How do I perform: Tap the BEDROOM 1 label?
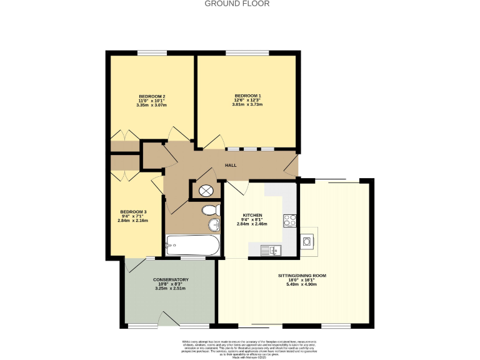(x=247, y=96)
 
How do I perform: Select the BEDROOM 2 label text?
(x=151, y=96)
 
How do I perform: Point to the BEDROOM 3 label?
(x=132, y=211)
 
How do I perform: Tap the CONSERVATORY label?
(x=171, y=279)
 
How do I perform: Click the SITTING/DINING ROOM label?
(x=302, y=275)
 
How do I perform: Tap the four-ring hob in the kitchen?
(x=290, y=220)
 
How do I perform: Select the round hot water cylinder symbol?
(x=206, y=191)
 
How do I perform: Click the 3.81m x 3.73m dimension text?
(x=247, y=104)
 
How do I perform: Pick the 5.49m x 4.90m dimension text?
(x=302, y=284)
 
